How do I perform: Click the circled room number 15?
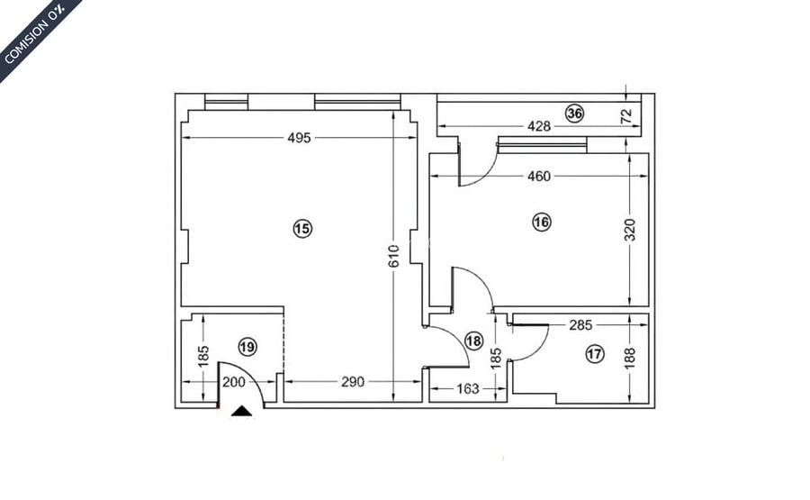tap(301, 229)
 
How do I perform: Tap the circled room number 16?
tap(541, 222)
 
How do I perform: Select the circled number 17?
tap(594, 354)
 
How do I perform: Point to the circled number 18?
tap(474, 341)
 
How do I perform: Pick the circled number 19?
tap(247, 346)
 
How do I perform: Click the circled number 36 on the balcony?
tap(574, 113)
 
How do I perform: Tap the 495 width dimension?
tap(299, 138)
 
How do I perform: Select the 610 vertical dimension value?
tap(393, 257)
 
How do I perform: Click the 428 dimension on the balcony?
tap(538, 126)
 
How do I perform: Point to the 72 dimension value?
tap(626, 115)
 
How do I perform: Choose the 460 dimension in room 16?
tap(538, 177)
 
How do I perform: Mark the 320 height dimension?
tap(630, 229)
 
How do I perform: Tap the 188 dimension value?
tap(630, 359)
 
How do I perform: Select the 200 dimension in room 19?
tap(233, 382)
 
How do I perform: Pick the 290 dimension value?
tap(353, 382)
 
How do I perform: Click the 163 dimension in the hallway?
tap(467, 389)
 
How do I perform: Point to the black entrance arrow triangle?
tap(242, 411)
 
